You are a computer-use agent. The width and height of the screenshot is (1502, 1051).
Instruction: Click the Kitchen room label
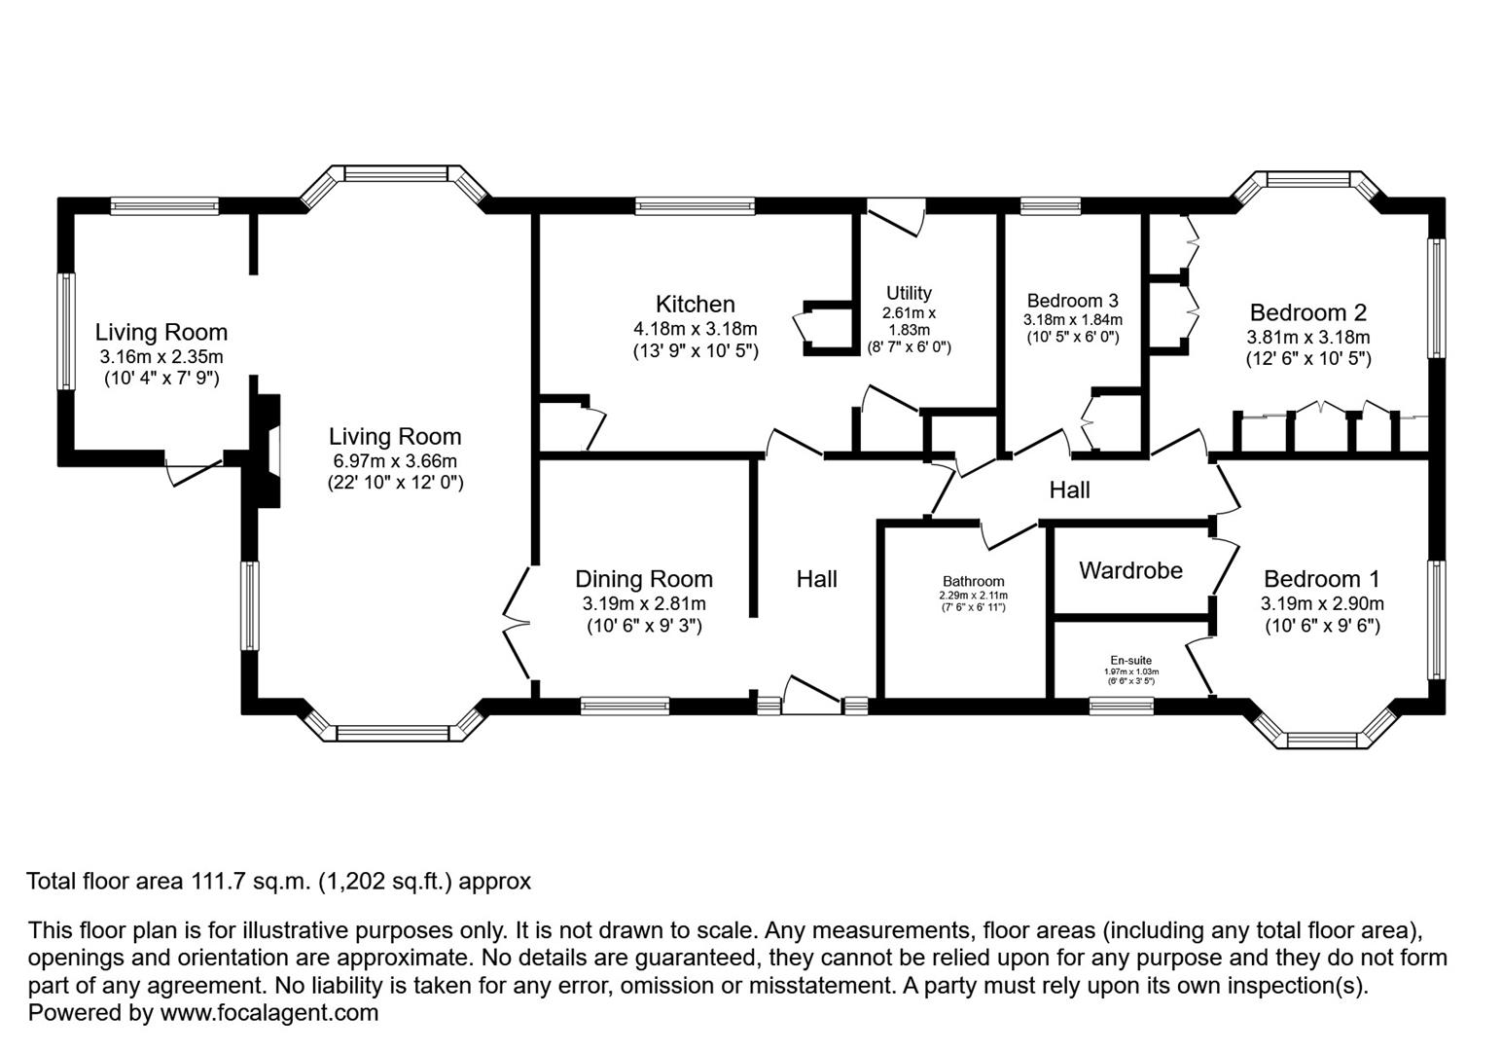[695, 305]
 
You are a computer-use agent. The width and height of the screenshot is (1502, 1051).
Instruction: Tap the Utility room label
[909, 293]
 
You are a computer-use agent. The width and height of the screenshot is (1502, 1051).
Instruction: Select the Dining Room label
[643, 579]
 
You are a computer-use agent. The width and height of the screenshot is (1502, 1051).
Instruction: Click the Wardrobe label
[1130, 570]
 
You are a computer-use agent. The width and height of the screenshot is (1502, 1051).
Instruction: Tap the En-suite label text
[1130, 660]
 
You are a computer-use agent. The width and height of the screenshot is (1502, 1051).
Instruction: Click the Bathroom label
[973, 582]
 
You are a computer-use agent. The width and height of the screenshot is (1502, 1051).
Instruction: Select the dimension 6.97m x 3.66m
[394, 460]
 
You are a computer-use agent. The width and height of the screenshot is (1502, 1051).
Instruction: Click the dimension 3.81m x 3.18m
[1307, 338]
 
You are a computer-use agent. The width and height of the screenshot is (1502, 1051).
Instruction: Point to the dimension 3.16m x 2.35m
[161, 356]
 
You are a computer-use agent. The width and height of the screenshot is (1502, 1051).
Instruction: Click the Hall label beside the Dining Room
[816, 579]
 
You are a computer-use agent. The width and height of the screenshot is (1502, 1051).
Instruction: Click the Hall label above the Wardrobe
[1069, 489]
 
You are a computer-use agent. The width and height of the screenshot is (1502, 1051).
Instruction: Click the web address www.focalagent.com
[268, 1012]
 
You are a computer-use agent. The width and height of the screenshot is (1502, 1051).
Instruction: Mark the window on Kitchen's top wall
[695, 205]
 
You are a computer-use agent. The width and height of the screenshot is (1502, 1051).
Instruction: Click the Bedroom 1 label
[1321, 579]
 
